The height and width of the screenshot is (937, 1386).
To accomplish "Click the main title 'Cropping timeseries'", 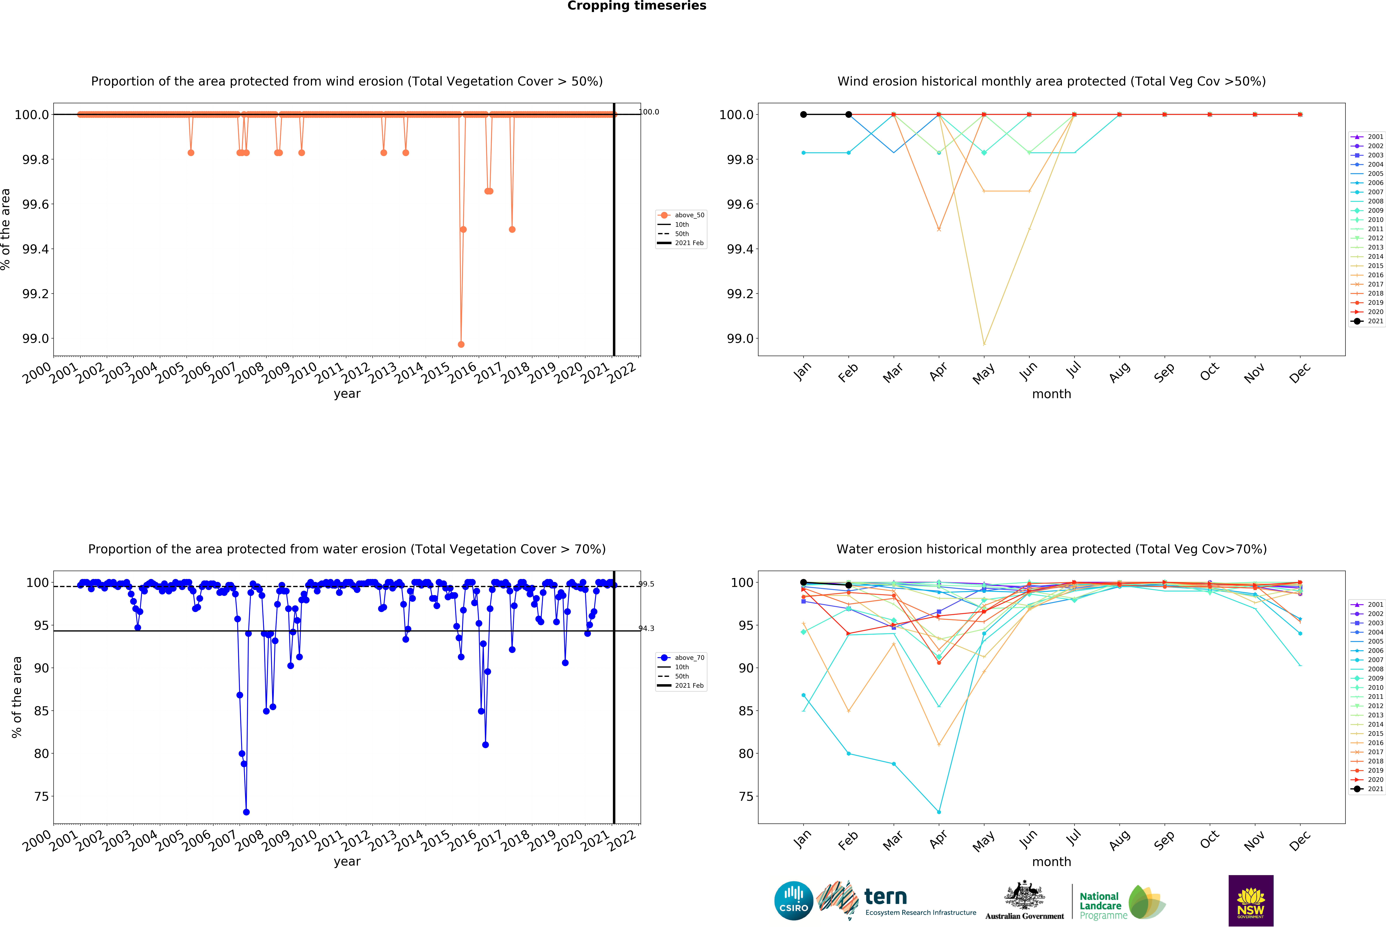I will click(636, 6).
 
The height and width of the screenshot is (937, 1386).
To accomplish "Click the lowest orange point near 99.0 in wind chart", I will click(461, 344).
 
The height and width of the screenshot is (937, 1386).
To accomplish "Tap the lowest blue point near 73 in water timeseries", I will click(246, 812).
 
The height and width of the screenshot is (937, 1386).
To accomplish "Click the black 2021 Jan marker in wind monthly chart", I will click(803, 115).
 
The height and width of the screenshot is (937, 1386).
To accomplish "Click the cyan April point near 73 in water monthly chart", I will click(939, 812).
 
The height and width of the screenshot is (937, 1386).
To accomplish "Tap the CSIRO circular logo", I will click(793, 901).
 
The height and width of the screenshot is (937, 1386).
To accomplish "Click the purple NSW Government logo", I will click(1251, 901).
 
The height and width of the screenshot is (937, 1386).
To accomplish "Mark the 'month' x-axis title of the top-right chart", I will click(1051, 394).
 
